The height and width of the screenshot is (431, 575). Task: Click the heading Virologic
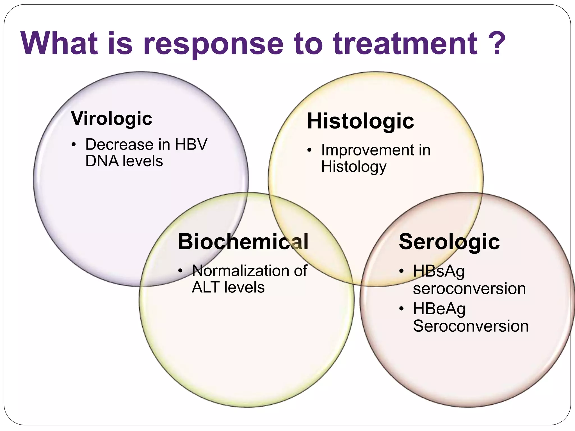pos(111,118)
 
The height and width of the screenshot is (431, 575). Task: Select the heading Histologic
pos(360,121)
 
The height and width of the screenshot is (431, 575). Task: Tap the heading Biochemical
pos(243,242)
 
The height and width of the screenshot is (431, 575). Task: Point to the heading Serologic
pos(449,242)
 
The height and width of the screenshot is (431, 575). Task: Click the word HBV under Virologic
pos(191,145)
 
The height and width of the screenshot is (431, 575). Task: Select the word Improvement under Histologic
pos(367,150)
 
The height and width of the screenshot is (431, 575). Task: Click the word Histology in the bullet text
pos(354,167)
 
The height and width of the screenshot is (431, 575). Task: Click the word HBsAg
pos(439,272)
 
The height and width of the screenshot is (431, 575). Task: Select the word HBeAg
pos(439,309)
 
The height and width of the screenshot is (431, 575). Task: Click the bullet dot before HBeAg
pos(401,309)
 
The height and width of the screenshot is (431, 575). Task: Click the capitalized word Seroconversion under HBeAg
pos(471,326)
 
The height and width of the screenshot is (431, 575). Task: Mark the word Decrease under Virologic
pos(119,145)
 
